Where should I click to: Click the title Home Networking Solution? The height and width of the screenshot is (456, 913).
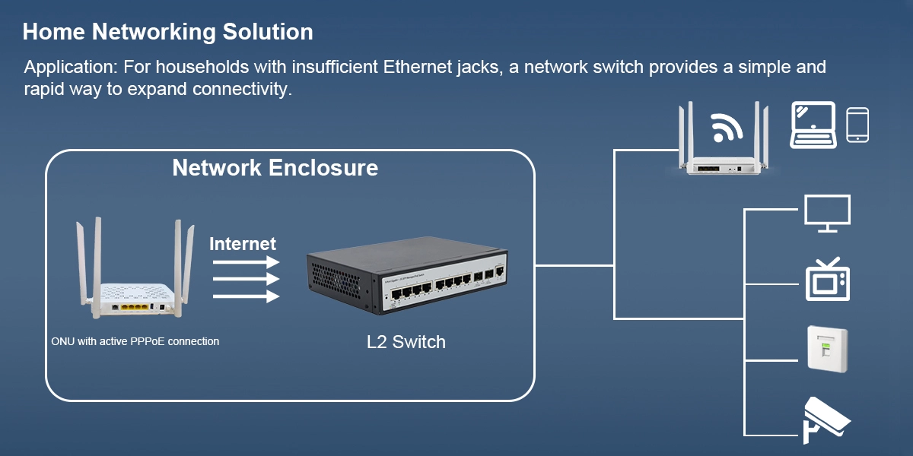coord(167,32)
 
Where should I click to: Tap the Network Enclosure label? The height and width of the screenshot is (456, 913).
coord(275,167)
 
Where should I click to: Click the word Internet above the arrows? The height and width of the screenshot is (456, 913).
coord(243,244)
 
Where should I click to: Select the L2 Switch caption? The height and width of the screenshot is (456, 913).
coord(406,342)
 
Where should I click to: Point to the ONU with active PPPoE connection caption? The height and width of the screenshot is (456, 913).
coord(135,341)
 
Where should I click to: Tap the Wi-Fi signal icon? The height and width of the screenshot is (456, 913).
coord(727,127)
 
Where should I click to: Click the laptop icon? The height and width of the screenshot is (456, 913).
coord(813,124)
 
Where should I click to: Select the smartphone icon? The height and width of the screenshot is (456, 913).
coord(857,124)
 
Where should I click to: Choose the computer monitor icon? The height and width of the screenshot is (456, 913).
coord(827,213)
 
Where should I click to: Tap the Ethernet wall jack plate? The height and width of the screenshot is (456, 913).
coord(827,350)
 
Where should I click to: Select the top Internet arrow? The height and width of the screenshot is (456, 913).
coord(245,261)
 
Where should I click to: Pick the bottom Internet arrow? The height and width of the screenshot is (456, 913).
coord(245,297)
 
